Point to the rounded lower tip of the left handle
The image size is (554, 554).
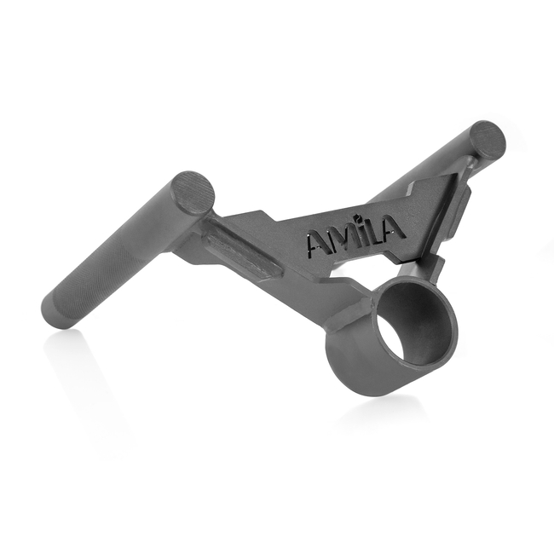[x=56, y=316]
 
